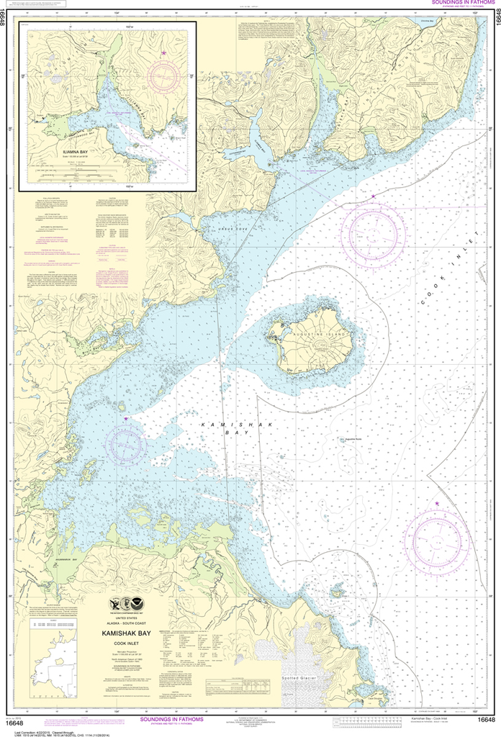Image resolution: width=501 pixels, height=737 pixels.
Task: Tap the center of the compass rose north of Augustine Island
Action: [373, 235]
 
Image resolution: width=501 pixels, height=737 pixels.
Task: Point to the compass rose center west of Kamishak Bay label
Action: [126, 443]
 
